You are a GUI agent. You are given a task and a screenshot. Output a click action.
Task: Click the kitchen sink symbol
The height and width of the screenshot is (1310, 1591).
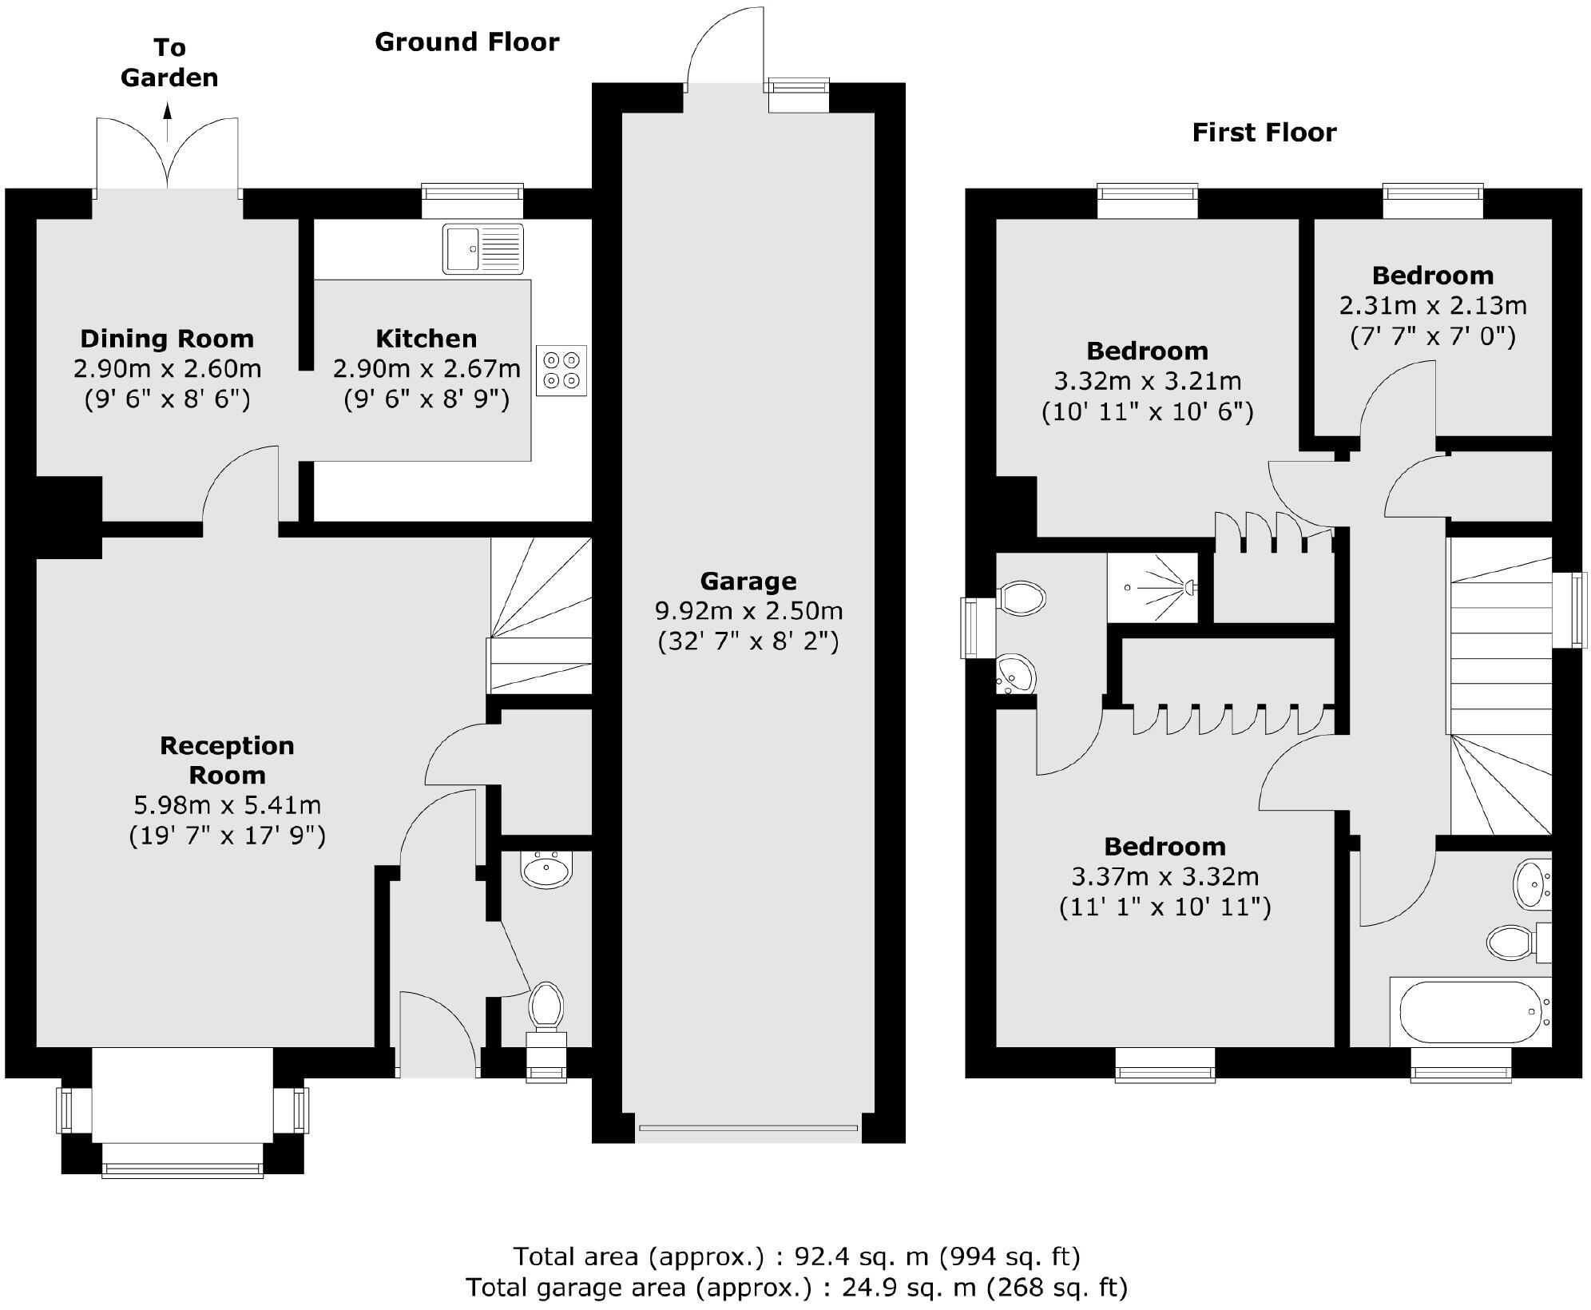pos(482,248)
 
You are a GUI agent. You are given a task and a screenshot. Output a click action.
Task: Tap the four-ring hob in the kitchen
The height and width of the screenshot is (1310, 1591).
pos(561,370)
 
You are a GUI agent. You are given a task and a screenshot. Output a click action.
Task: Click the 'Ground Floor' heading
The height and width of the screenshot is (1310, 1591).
pos(466,42)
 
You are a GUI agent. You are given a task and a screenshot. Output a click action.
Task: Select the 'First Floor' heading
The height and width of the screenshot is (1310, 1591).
pos(1264,133)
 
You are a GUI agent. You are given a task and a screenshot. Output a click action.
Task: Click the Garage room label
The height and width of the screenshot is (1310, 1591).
pos(748,581)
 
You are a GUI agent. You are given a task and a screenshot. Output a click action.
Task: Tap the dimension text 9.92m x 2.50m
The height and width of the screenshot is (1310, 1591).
pos(748,611)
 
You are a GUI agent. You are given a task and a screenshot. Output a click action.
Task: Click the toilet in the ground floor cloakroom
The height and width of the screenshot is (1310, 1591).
pos(546,1005)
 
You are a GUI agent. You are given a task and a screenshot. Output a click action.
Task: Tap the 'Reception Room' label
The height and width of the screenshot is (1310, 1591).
pos(227,760)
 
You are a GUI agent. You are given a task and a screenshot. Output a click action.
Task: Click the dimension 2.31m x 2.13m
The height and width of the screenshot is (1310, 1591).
pos(1432,306)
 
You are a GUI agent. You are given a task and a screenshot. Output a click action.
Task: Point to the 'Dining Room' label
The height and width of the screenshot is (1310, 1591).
pos(167,339)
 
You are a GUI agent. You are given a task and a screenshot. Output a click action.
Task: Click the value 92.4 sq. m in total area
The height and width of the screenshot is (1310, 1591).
pos(861,1256)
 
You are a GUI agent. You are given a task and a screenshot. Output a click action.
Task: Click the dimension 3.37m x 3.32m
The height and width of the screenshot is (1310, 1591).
pos(1164,877)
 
